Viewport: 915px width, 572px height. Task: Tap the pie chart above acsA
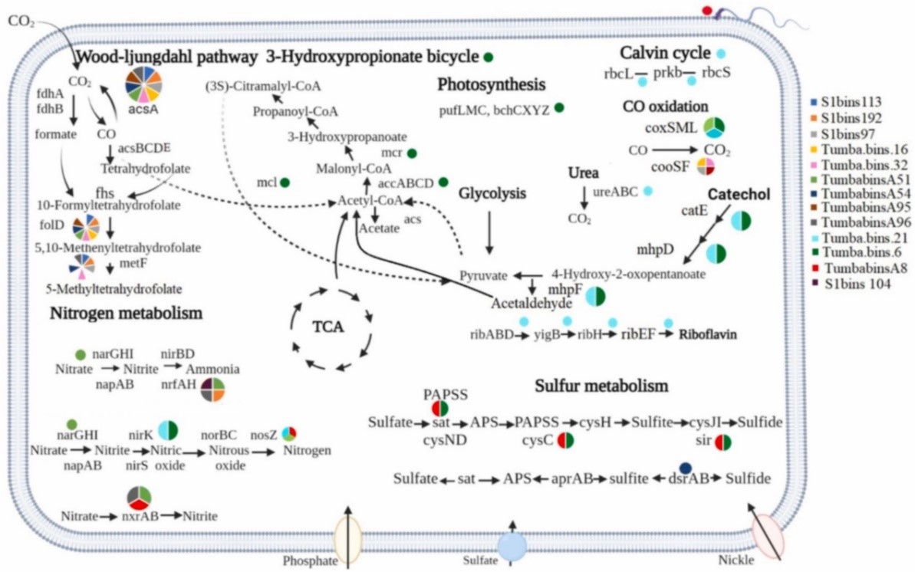[x=144, y=84]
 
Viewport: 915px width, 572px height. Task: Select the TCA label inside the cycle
[x=328, y=327]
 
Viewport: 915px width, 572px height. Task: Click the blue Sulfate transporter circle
[x=512, y=546]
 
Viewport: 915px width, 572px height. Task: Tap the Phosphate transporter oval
[x=347, y=541]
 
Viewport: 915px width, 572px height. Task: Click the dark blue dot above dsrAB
[x=686, y=468]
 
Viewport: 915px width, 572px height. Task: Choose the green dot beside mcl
[x=285, y=182]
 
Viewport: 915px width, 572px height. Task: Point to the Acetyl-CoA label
[x=370, y=201]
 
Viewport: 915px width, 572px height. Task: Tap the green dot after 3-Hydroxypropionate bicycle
[x=487, y=57]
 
